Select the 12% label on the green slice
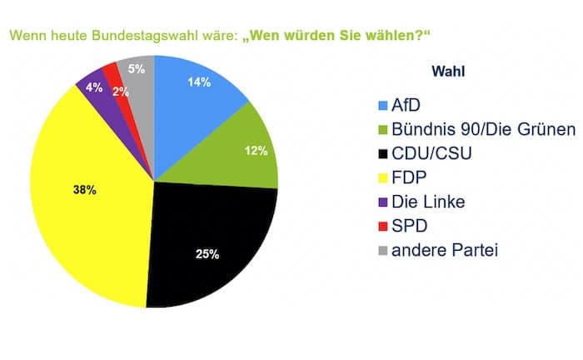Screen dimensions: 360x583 pos(256,151)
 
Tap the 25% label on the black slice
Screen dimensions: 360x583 pos(207,252)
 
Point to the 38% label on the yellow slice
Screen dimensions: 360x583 pos(85,190)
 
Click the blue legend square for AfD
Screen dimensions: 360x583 pos(384,106)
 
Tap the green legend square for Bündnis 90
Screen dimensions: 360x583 pos(384,130)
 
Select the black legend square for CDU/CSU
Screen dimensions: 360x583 pos(384,154)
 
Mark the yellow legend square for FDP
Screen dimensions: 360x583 pos(384,178)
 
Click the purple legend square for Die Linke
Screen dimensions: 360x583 pos(384,202)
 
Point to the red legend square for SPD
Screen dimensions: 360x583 pos(384,227)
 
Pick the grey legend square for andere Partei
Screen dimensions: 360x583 pos(384,251)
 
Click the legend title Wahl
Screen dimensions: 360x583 pos(448,72)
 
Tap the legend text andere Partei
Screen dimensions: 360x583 pos(445,251)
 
